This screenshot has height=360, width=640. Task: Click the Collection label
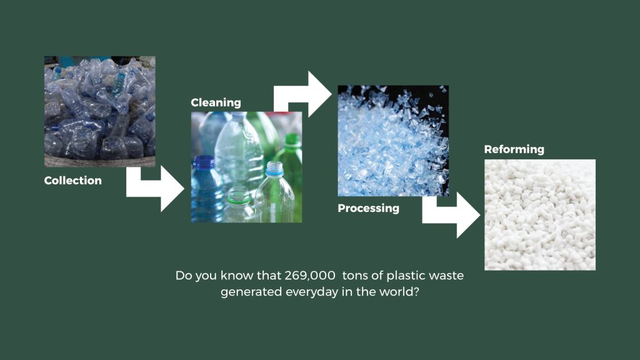(x=72, y=181)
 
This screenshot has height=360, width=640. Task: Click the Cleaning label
(x=216, y=102)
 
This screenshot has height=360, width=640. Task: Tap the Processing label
(x=368, y=208)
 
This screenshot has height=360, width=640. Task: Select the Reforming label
(x=514, y=149)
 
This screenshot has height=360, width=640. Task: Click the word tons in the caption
(x=355, y=276)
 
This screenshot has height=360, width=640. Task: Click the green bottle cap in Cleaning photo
(x=292, y=139)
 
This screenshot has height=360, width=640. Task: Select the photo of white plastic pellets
(x=540, y=215)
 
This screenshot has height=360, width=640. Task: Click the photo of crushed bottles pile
(x=99, y=111)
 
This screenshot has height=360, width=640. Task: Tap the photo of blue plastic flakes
(x=393, y=141)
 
